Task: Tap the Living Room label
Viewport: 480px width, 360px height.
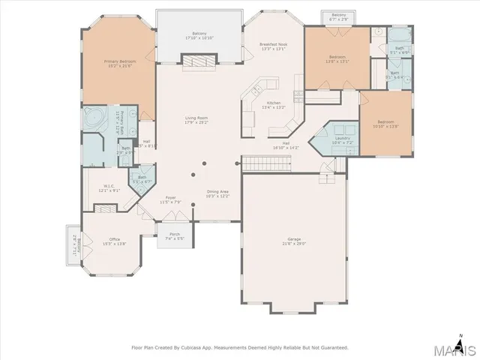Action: [x=197, y=118]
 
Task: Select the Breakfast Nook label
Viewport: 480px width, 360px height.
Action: [x=274, y=46]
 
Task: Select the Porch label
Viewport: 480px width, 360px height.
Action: [x=175, y=234]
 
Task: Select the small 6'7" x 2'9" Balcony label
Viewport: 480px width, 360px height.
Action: [x=339, y=16]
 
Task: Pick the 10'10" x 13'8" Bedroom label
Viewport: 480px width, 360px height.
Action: [x=385, y=123]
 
